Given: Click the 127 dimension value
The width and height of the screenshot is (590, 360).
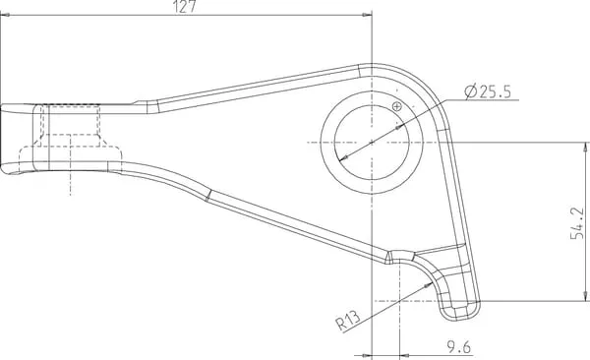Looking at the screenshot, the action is (x=185, y=7).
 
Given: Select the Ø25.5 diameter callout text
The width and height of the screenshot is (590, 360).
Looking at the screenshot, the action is (x=488, y=91).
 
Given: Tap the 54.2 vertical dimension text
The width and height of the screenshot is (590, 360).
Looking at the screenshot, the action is (x=577, y=223).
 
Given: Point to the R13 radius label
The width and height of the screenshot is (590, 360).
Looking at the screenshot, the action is (x=348, y=320).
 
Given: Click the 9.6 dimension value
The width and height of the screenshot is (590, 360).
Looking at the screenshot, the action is (x=458, y=347).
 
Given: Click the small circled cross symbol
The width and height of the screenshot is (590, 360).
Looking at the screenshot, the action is (x=397, y=106).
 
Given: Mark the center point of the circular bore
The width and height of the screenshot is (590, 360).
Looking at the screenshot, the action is (x=372, y=143).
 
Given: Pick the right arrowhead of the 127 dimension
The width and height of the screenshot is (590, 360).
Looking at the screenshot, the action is (x=367, y=15).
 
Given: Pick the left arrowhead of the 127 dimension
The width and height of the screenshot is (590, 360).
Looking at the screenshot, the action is (x=6, y=15).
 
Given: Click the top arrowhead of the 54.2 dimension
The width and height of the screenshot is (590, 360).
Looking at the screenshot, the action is (x=585, y=148).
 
